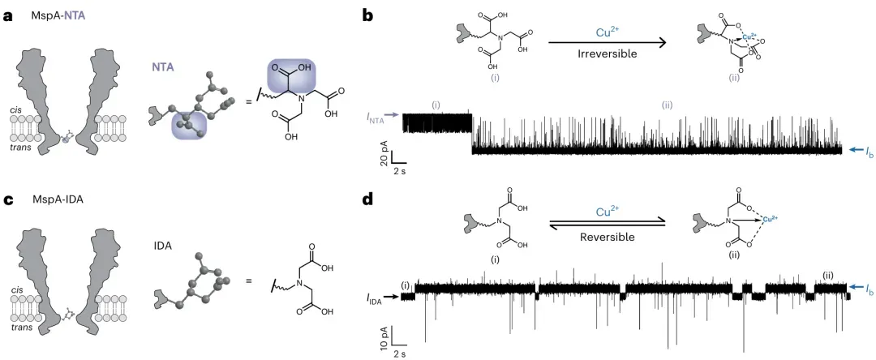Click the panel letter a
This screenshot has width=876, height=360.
pyautogui.click(x=8, y=15)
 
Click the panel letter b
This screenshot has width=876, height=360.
pyautogui.click(x=367, y=15)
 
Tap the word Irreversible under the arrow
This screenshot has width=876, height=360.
pyautogui.click(x=606, y=54)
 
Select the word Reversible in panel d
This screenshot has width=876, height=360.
pyautogui.click(x=606, y=237)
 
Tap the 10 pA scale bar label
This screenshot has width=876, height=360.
pyautogui.click(x=384, y=339)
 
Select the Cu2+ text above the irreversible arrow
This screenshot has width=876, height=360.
pyautogui.click(x=608, y=33)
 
